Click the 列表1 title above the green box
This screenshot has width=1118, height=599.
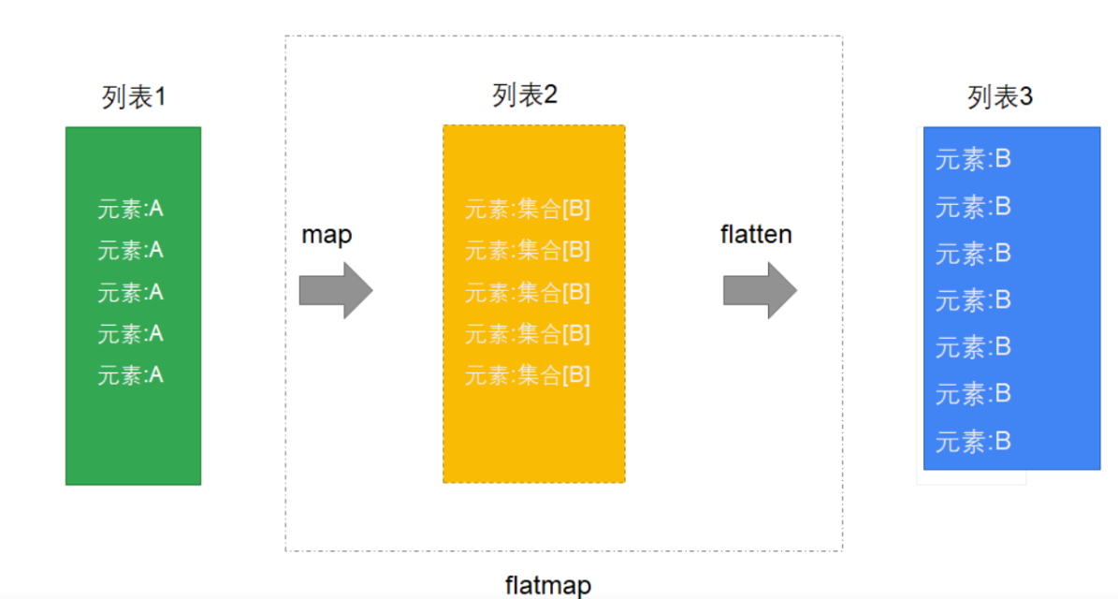click(x=134, y=96)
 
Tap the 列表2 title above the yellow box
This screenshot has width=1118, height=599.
click(x=525, y=95)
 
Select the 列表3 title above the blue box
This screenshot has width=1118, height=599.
click(x=1000, y=96)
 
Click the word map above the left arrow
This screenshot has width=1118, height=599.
click(x=327, y=234)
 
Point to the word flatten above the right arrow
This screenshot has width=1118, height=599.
click(x=756, y=234)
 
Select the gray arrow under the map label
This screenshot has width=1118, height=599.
click(x=335, y=290)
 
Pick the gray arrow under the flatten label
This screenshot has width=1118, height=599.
click(x=760, y=290)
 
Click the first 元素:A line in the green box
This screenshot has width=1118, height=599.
click(x=130, y=209)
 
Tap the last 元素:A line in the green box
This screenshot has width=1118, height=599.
click(x=130, y=375)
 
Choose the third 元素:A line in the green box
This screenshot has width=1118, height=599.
click(x=130, y=292)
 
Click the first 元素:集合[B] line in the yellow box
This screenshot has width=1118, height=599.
click(x=528, y=209)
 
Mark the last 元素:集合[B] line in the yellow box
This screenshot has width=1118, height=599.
click(x=528, y=375)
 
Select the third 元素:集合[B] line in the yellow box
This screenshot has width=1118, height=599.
click(x=528, y=292)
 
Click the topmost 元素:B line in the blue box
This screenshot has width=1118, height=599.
click(x=973, y=159)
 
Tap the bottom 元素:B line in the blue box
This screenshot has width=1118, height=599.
click(x=973, y=441)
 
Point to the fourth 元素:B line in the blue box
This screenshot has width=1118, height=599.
click(x=973, y=299)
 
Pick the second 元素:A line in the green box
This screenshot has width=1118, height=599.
click(x=130, y=250)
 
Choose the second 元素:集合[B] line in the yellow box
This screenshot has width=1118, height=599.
click(x=528, y=250)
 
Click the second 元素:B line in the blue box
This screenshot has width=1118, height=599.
click(x=973, y=206)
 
